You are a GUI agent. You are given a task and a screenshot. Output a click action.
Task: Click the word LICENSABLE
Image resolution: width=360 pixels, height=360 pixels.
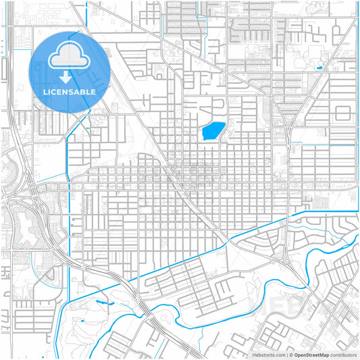pos(70,92)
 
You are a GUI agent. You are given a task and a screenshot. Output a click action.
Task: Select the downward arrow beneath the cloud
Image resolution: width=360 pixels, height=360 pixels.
pos(70,76)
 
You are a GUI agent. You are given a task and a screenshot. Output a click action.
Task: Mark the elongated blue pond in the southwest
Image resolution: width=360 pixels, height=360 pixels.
pos(102,302)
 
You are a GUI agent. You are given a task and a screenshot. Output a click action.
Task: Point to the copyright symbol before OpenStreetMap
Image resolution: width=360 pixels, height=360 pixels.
pos(290,354)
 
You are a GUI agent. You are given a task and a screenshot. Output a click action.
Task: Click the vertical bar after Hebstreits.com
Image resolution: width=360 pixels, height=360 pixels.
pos(286,354)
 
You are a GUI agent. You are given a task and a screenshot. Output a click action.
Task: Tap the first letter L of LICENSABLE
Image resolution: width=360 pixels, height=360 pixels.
pos(45,92)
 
